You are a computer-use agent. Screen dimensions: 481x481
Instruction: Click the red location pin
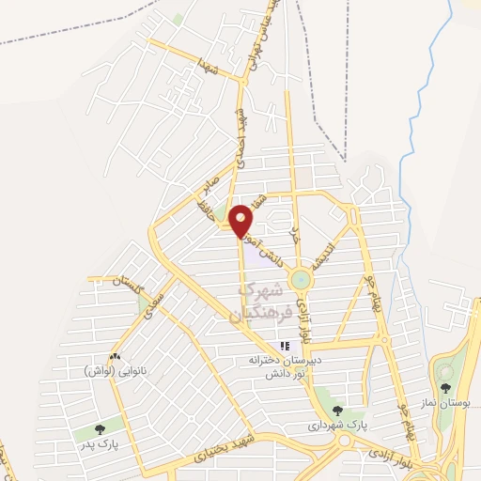(241, 220)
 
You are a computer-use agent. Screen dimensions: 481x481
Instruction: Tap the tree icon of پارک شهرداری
(336, 411)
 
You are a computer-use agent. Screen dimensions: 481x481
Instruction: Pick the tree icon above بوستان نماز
(445, 386)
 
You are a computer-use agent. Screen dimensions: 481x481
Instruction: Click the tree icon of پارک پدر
(101, 429)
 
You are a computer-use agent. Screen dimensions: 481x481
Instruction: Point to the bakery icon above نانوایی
(116, 356)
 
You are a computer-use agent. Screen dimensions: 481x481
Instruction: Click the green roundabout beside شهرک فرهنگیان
(300, 279)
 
